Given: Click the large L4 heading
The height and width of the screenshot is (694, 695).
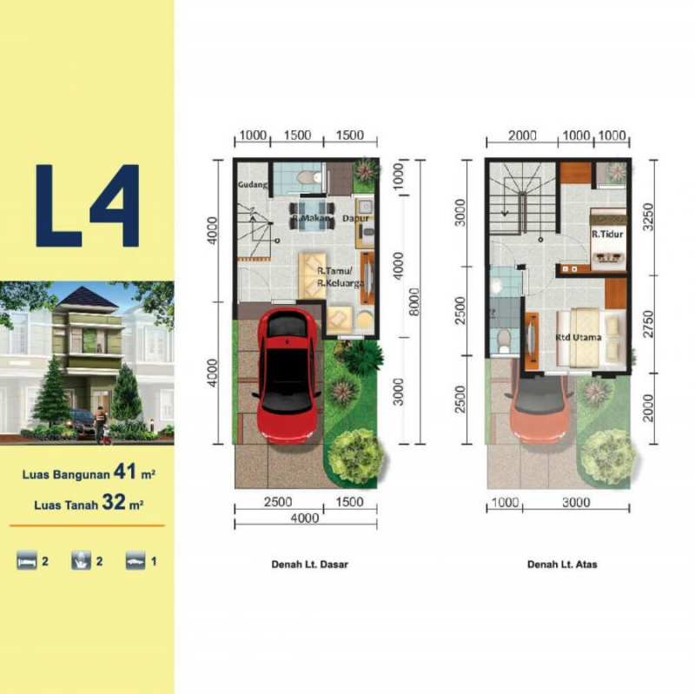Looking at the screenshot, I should pos(87,205).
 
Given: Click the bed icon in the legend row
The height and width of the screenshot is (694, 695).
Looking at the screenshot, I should pos(26,561).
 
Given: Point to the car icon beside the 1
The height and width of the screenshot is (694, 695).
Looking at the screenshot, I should pos(135,561).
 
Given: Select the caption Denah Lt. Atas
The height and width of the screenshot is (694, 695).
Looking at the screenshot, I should pos(561,564).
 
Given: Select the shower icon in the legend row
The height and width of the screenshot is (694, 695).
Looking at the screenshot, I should pos(80,561).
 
